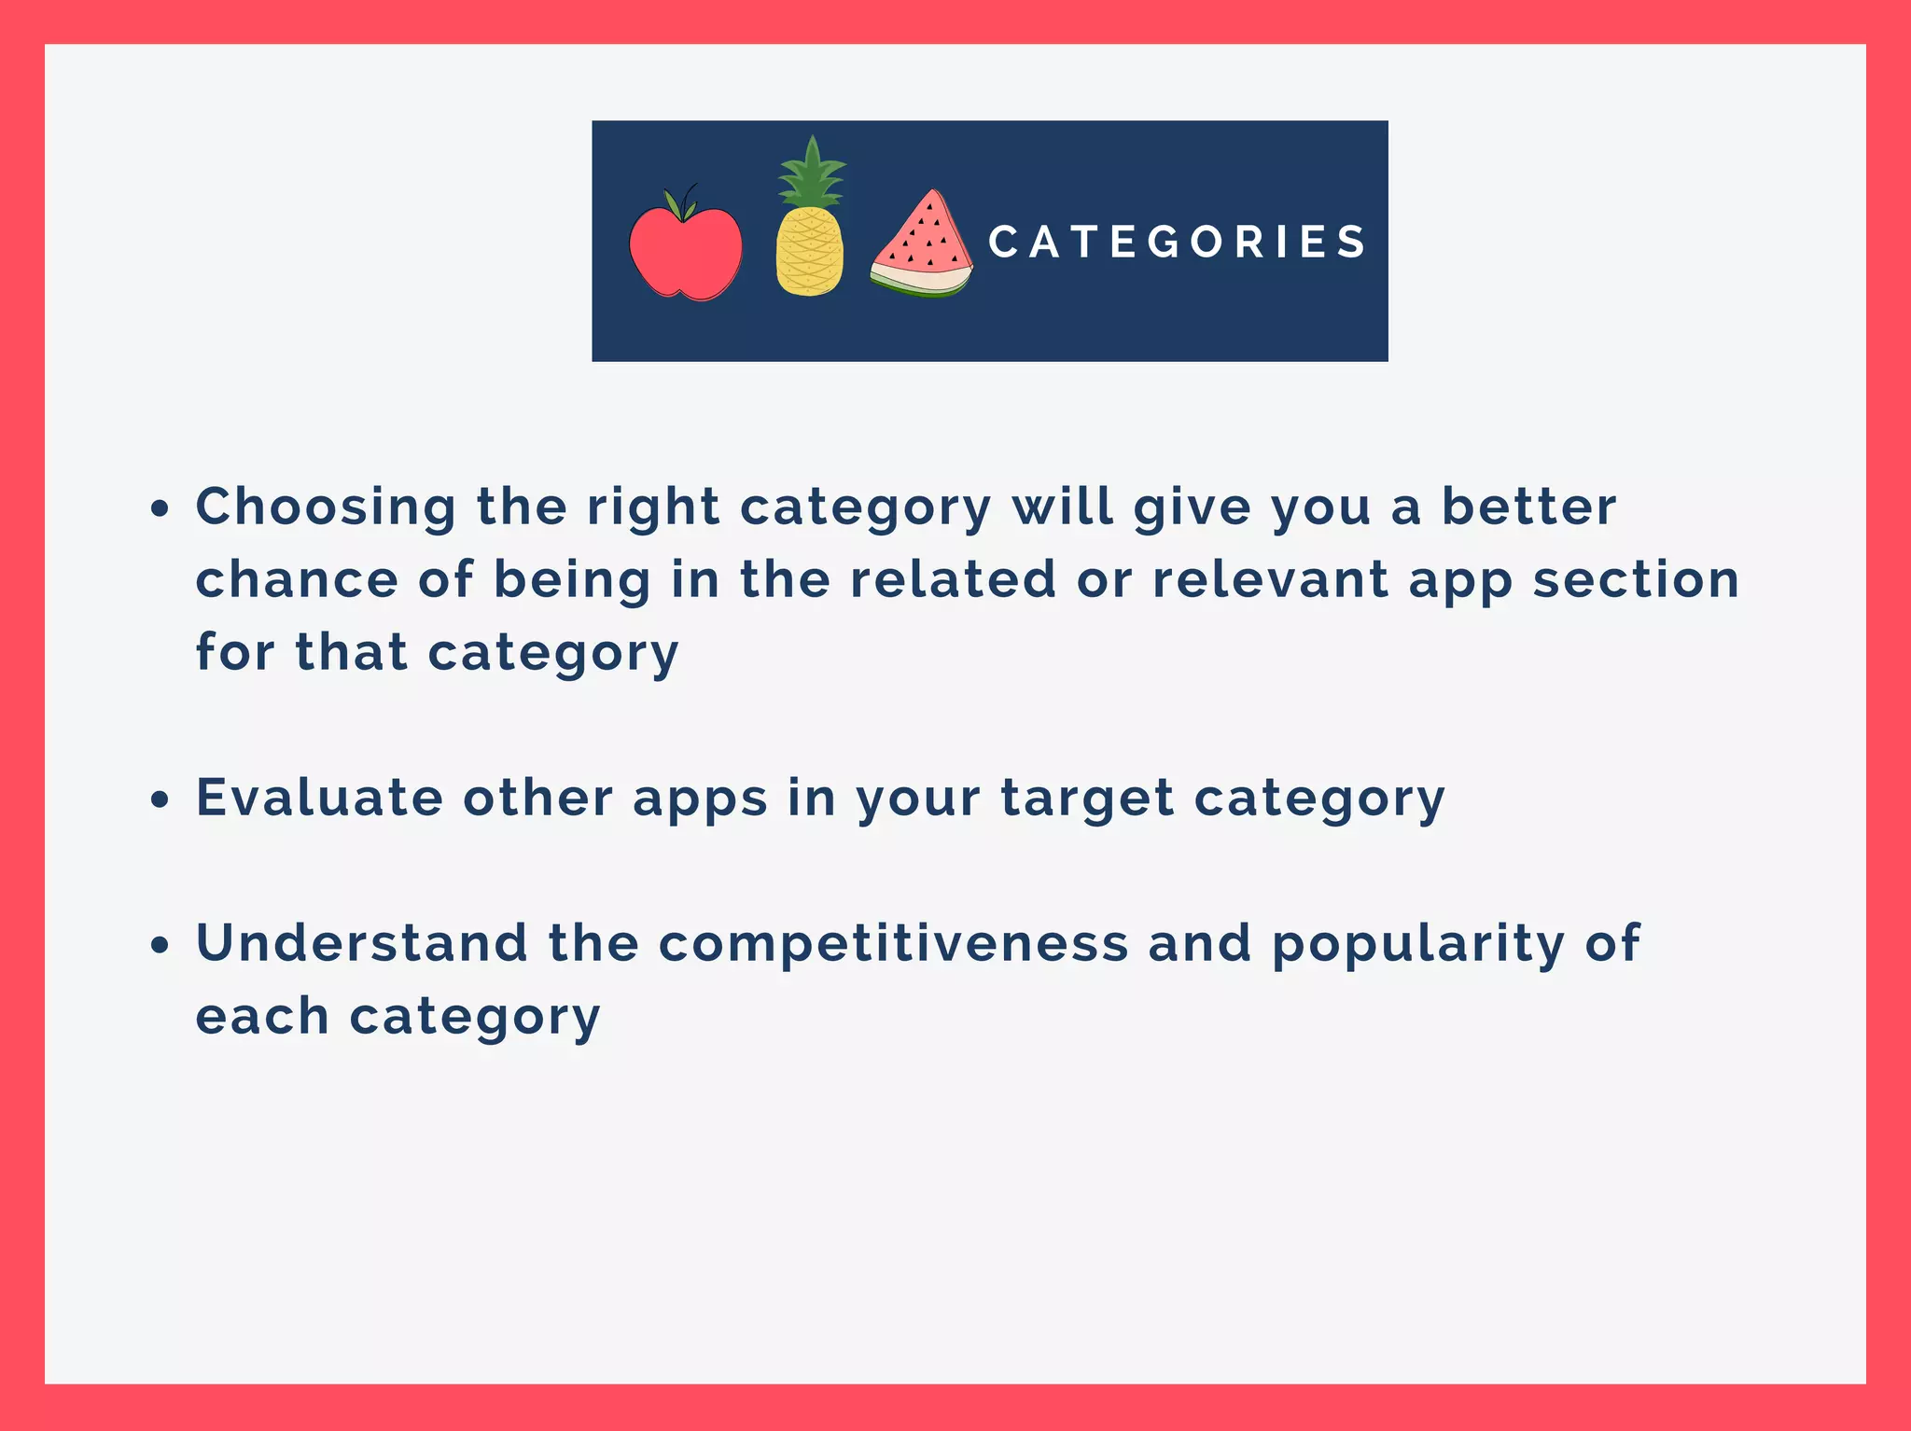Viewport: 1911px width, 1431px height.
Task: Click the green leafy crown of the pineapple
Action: (x=812, y=174)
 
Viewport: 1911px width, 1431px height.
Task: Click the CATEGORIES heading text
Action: (x=1178, y=242)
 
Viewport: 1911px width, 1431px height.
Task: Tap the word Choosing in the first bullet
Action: (x=326, y=508)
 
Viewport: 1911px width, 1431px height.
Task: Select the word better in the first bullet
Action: (x=1528, y=507)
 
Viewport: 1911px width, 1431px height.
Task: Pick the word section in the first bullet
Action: (x=1636, y=579)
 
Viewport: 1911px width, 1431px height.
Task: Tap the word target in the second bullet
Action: (x=1087, y=799)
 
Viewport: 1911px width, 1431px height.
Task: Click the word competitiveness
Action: (x=893, y=943)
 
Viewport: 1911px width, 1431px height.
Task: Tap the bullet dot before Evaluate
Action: (x=161, y=799)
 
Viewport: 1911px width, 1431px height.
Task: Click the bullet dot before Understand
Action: (x=161, y=945)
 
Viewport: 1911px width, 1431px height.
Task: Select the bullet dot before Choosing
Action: (x=161, y=509)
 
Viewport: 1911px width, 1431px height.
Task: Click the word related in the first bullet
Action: (x=953, y=579)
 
